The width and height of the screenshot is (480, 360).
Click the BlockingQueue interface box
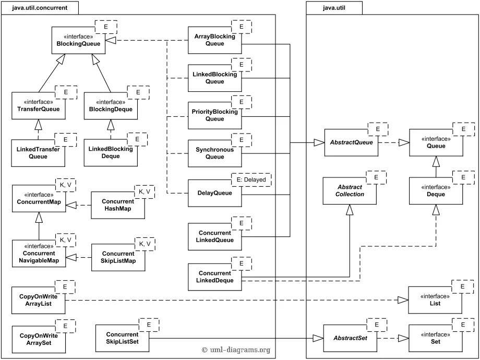click(x=78, y=40)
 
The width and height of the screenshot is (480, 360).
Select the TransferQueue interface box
click(x=39, y=105)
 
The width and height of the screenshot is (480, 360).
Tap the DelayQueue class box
click(x=214, y=193)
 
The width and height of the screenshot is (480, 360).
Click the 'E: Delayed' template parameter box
click(x=251, y=180)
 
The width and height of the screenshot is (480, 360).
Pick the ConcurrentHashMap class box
click(x=118, y=205)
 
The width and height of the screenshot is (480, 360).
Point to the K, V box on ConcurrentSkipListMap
click(x=145, y=244)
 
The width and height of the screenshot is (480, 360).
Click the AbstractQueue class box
click(x=351, y=142)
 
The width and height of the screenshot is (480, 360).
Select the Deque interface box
click(x=436, y=191)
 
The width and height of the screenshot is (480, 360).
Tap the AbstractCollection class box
click(x=350, y=191)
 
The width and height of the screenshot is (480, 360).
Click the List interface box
click(x=435, y=300)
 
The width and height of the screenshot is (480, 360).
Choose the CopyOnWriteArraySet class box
click(x=39, y=339)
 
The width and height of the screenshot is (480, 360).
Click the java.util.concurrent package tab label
click(x=40, y=8)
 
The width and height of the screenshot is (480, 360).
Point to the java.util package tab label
click(x=334, y=8)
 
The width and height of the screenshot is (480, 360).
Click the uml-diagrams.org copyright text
click(x=236, y=350)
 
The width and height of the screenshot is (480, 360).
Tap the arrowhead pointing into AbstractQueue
click(x=319, y=142)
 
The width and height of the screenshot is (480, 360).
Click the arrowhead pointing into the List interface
click(x=403, y=300)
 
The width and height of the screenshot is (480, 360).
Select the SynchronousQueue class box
click(x=214, y=153)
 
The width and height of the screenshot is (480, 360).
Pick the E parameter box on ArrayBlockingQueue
click(x=241, y=27)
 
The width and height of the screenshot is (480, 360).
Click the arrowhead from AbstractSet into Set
click(x=403, y=338)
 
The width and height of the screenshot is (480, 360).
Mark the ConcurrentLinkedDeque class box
click(x=214, y=277)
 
